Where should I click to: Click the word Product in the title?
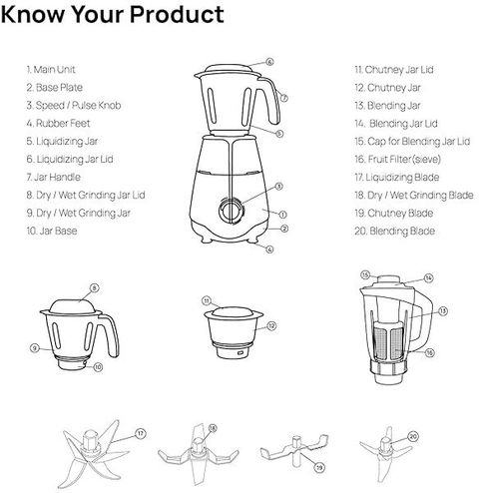point(177,16)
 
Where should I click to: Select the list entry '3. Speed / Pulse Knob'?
point(74,106)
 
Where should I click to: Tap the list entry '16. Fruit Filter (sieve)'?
point(397,160)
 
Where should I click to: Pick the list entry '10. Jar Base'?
point(52,231)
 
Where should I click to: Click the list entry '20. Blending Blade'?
point(395,231)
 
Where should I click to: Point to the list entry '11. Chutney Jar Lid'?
point(394,70)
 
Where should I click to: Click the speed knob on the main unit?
point(232,211)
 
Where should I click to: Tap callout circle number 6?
point(269,62)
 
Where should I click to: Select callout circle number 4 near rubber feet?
point(269,249)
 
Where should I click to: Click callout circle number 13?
point(443,311)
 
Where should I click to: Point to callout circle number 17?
point(141,433)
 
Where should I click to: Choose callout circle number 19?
point(319,467)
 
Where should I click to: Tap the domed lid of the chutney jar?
point(233,312)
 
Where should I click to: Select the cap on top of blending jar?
point(389,279)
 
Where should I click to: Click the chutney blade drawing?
point(294,450)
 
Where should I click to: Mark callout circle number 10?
point(98,367)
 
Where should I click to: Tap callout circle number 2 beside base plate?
point(284,229)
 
